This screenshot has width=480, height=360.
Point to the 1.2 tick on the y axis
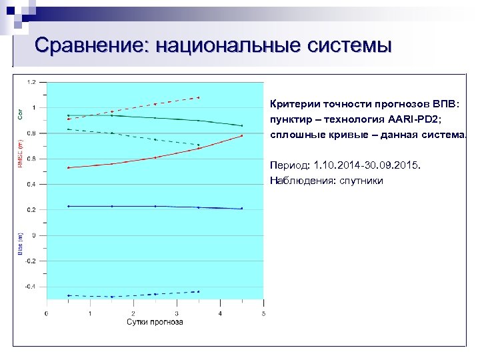(x=32, y=82)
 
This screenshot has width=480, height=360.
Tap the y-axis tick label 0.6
(x=32, y=159)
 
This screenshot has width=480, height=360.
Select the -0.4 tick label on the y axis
(x=31, y=287)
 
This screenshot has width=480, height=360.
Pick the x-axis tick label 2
(x=133, y=313)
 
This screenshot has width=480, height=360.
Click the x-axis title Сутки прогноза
(x=155, y=322)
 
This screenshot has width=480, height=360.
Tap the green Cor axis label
(x=20, y=115)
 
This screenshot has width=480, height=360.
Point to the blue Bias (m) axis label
(x=20, y=243)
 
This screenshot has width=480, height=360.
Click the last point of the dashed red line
(x=199, y=98)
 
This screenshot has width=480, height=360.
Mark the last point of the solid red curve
(x=241, y=136)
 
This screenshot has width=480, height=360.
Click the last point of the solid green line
(x=241, y=125)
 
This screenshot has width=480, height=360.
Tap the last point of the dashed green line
(x=199, y=145)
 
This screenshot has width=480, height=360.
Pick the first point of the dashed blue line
(x=69, y=295)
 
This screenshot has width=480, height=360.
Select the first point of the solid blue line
(x=69, y=206)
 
